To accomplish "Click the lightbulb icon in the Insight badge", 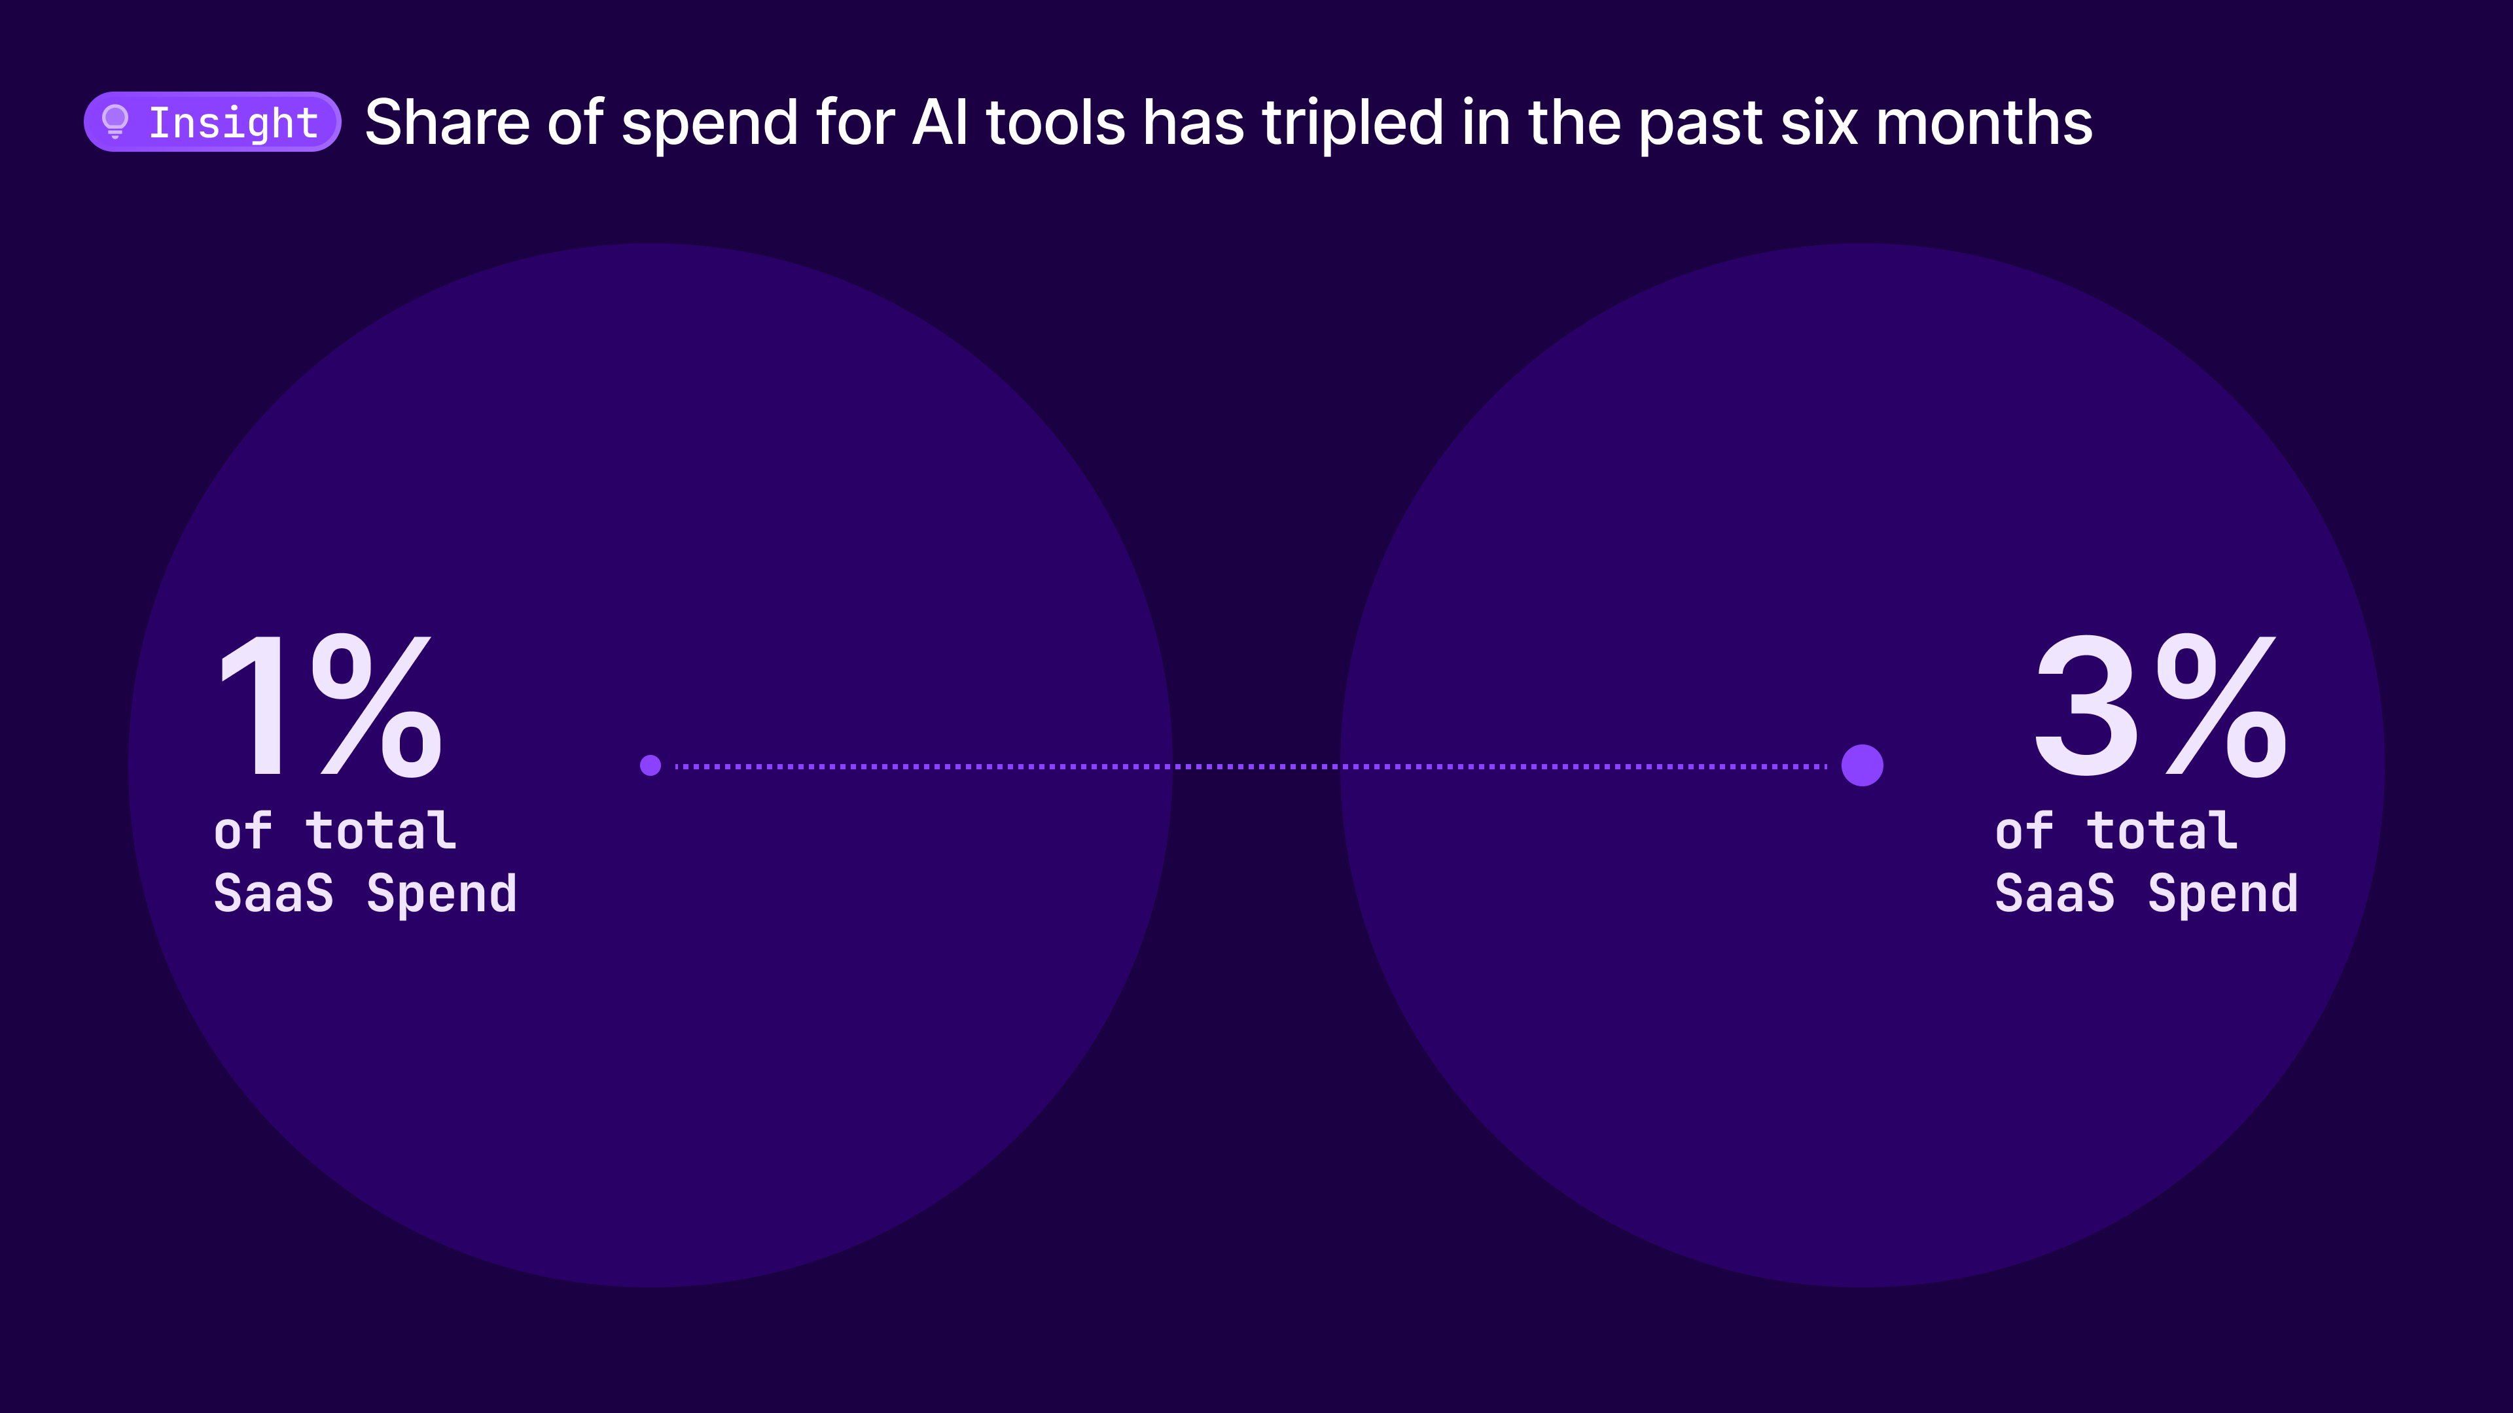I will pyautogui.click(x=115, y=122).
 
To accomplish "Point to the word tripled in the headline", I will pyautogui.click(x=1352, y=124).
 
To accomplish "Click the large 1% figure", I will pyautogui.click(x=330, y=705).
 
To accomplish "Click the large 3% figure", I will pyautogui.click(x=2160, y=705).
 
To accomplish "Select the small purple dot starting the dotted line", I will pyautogui.click(x=651, y=765).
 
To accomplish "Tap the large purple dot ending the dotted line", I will pyautogui.click(x=1862, y=765).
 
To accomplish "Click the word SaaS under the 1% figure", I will pyautogui.click(x=273, y=893).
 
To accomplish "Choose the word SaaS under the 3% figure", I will pyautogui.click(x=2054, y=893).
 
